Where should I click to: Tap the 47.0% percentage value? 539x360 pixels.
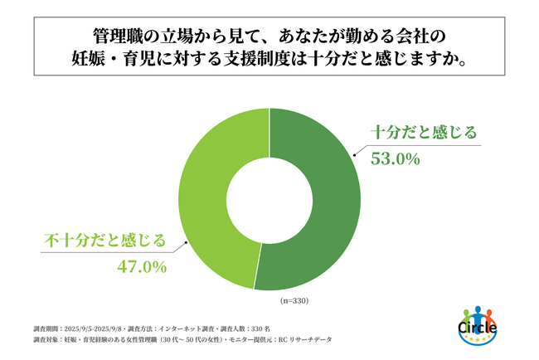[142, 267]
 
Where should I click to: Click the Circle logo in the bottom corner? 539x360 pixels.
[477, 327]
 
